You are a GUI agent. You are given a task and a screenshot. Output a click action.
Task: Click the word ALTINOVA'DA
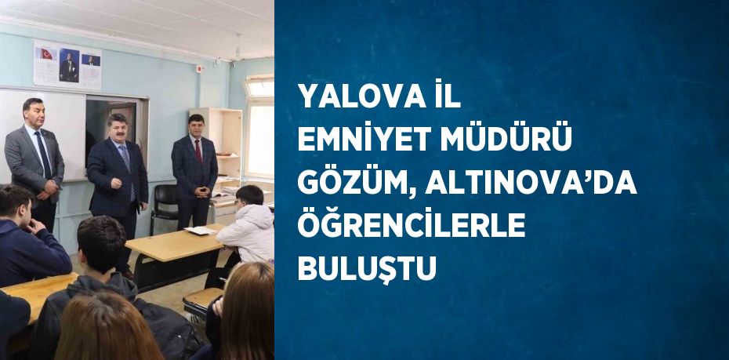click(531, 184)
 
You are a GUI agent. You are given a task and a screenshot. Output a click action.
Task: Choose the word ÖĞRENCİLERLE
click(411, 227)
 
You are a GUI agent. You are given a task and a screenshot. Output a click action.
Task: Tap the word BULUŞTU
click(366, 269)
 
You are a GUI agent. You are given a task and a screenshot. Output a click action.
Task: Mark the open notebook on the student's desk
click(201, 230)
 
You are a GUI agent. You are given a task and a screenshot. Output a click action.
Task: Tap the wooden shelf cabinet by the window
click(223, 145)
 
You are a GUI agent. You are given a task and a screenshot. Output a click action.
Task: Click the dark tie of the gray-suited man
click(44, 154)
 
